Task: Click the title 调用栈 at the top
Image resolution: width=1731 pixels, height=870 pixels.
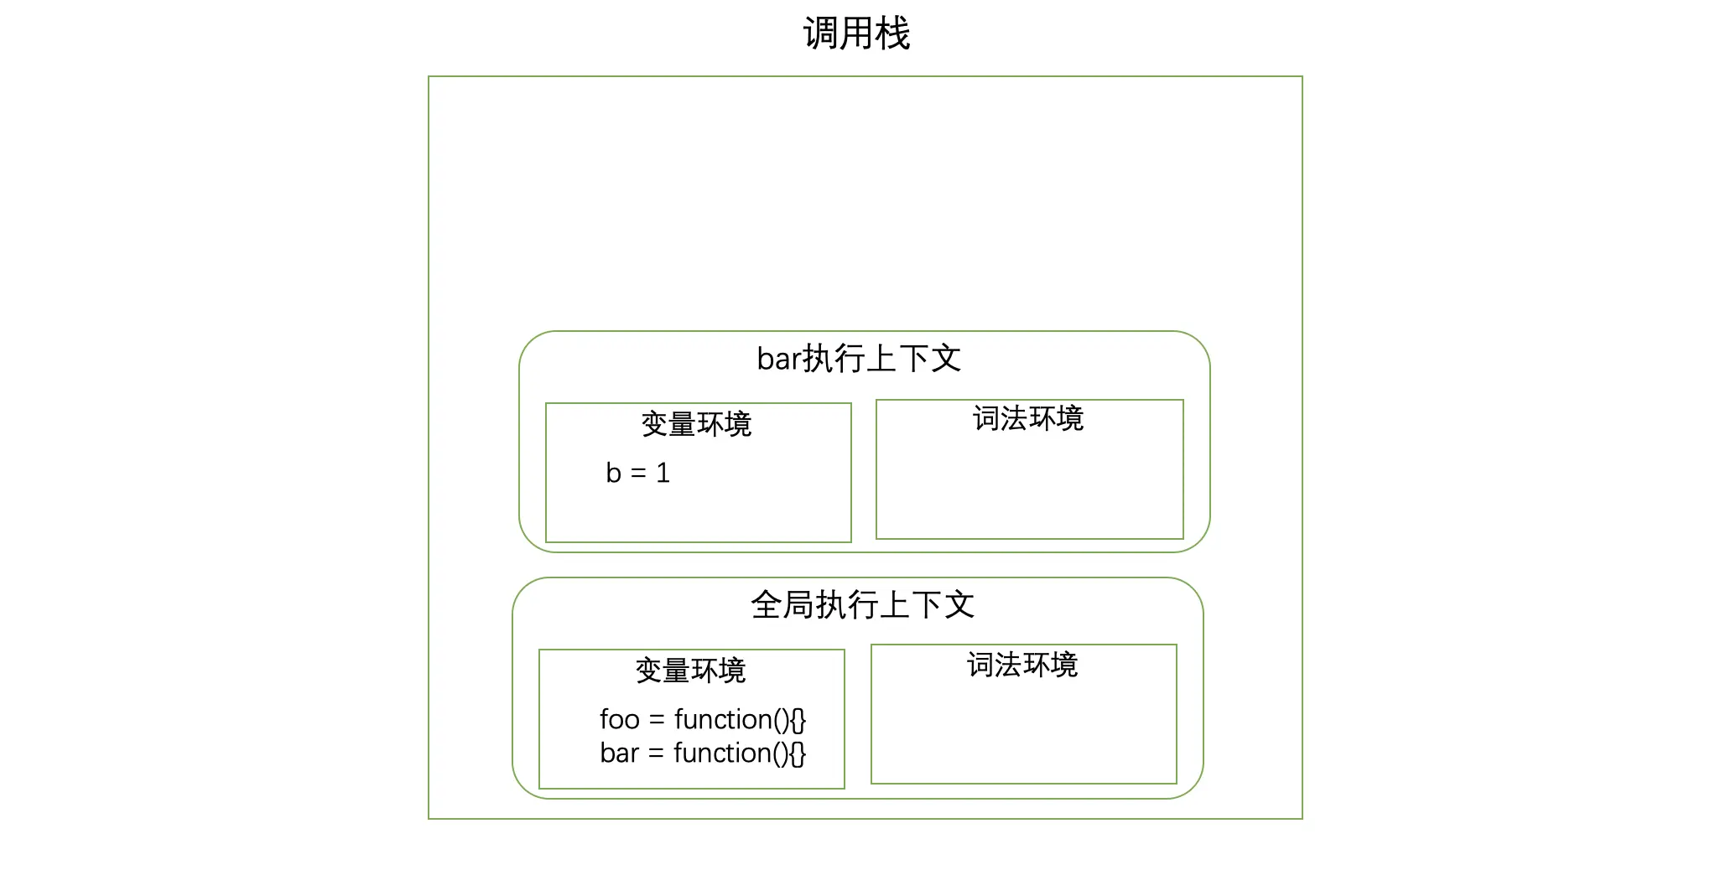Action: pos(856,34)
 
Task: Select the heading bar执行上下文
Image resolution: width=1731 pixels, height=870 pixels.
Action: pos(859,359)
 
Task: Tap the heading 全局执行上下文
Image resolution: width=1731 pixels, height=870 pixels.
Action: pos(862,605)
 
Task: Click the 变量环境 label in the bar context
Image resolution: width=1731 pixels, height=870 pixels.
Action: pos(696,424)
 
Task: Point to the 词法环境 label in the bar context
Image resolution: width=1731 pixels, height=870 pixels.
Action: pos(1028,418)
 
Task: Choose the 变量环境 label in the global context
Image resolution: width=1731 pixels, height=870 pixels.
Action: pos(690,671)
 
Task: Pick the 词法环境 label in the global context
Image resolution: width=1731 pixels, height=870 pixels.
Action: pos(1022,665)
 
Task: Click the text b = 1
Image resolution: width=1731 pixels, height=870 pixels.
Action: pos(637,474)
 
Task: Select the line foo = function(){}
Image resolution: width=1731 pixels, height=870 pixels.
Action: pos(703,719)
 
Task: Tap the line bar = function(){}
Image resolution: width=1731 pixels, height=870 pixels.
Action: pos(703,753)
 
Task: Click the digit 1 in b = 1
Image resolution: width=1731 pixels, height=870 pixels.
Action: pos(663,474)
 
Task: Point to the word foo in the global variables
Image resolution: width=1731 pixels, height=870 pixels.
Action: pos(620,719)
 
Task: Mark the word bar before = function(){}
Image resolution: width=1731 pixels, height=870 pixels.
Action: pos(620,753)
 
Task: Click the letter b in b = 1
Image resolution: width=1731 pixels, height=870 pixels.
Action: pos(613,474)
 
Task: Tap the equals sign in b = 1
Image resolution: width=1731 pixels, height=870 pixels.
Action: pos(638,474)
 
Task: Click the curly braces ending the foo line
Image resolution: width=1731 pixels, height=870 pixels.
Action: pos(798,720)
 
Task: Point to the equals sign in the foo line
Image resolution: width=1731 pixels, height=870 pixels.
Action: pos(657,720)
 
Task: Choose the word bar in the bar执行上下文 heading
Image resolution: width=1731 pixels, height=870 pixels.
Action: pos(779,359)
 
